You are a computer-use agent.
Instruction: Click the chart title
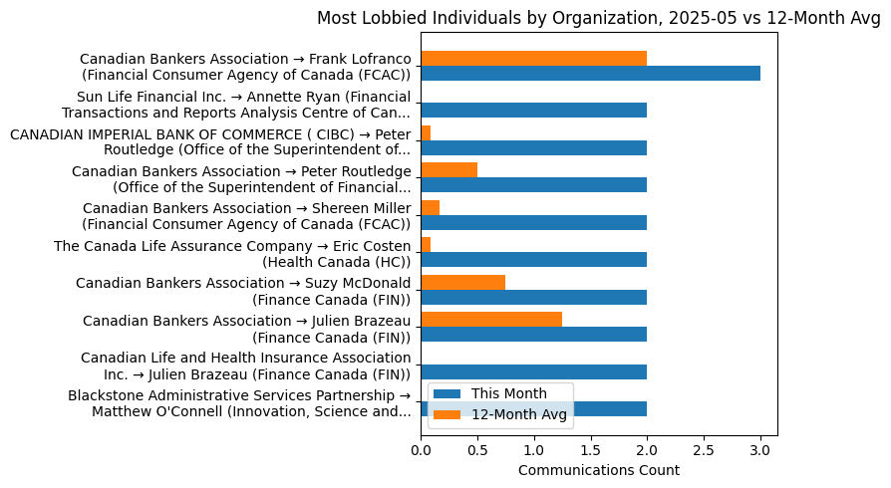599,17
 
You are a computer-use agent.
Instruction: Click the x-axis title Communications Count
599,470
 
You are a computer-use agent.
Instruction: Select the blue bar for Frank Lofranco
590,73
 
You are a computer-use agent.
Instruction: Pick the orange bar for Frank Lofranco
533,58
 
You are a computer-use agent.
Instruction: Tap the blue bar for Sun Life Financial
533,111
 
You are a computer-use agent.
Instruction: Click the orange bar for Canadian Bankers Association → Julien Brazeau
491,319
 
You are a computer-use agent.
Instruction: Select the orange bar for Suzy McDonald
462,282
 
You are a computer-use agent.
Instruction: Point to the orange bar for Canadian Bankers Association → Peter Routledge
448,169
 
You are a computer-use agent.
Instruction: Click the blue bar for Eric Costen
533,260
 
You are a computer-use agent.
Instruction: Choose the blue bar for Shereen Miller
533,222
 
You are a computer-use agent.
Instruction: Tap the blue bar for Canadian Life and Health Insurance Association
533,371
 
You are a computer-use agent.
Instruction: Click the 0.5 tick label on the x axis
477,449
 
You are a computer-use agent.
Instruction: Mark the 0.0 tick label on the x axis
421,449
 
